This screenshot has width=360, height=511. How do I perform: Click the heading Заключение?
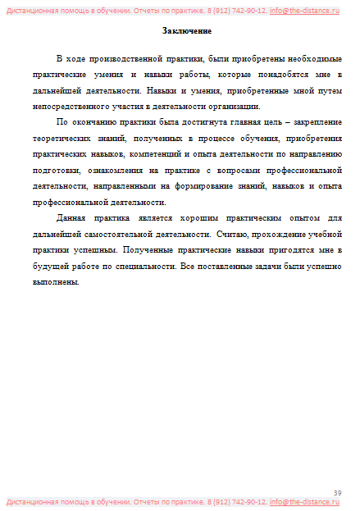[x=187, y=31]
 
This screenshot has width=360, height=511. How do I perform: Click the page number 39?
[x=337, y=491]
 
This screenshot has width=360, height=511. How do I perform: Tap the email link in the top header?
[x=304, y=10]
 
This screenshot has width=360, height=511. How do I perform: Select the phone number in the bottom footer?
[x=237, y=501]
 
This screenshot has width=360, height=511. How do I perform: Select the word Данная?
[x=72, y=217]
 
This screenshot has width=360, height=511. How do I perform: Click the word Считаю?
[x=235, y=233]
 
